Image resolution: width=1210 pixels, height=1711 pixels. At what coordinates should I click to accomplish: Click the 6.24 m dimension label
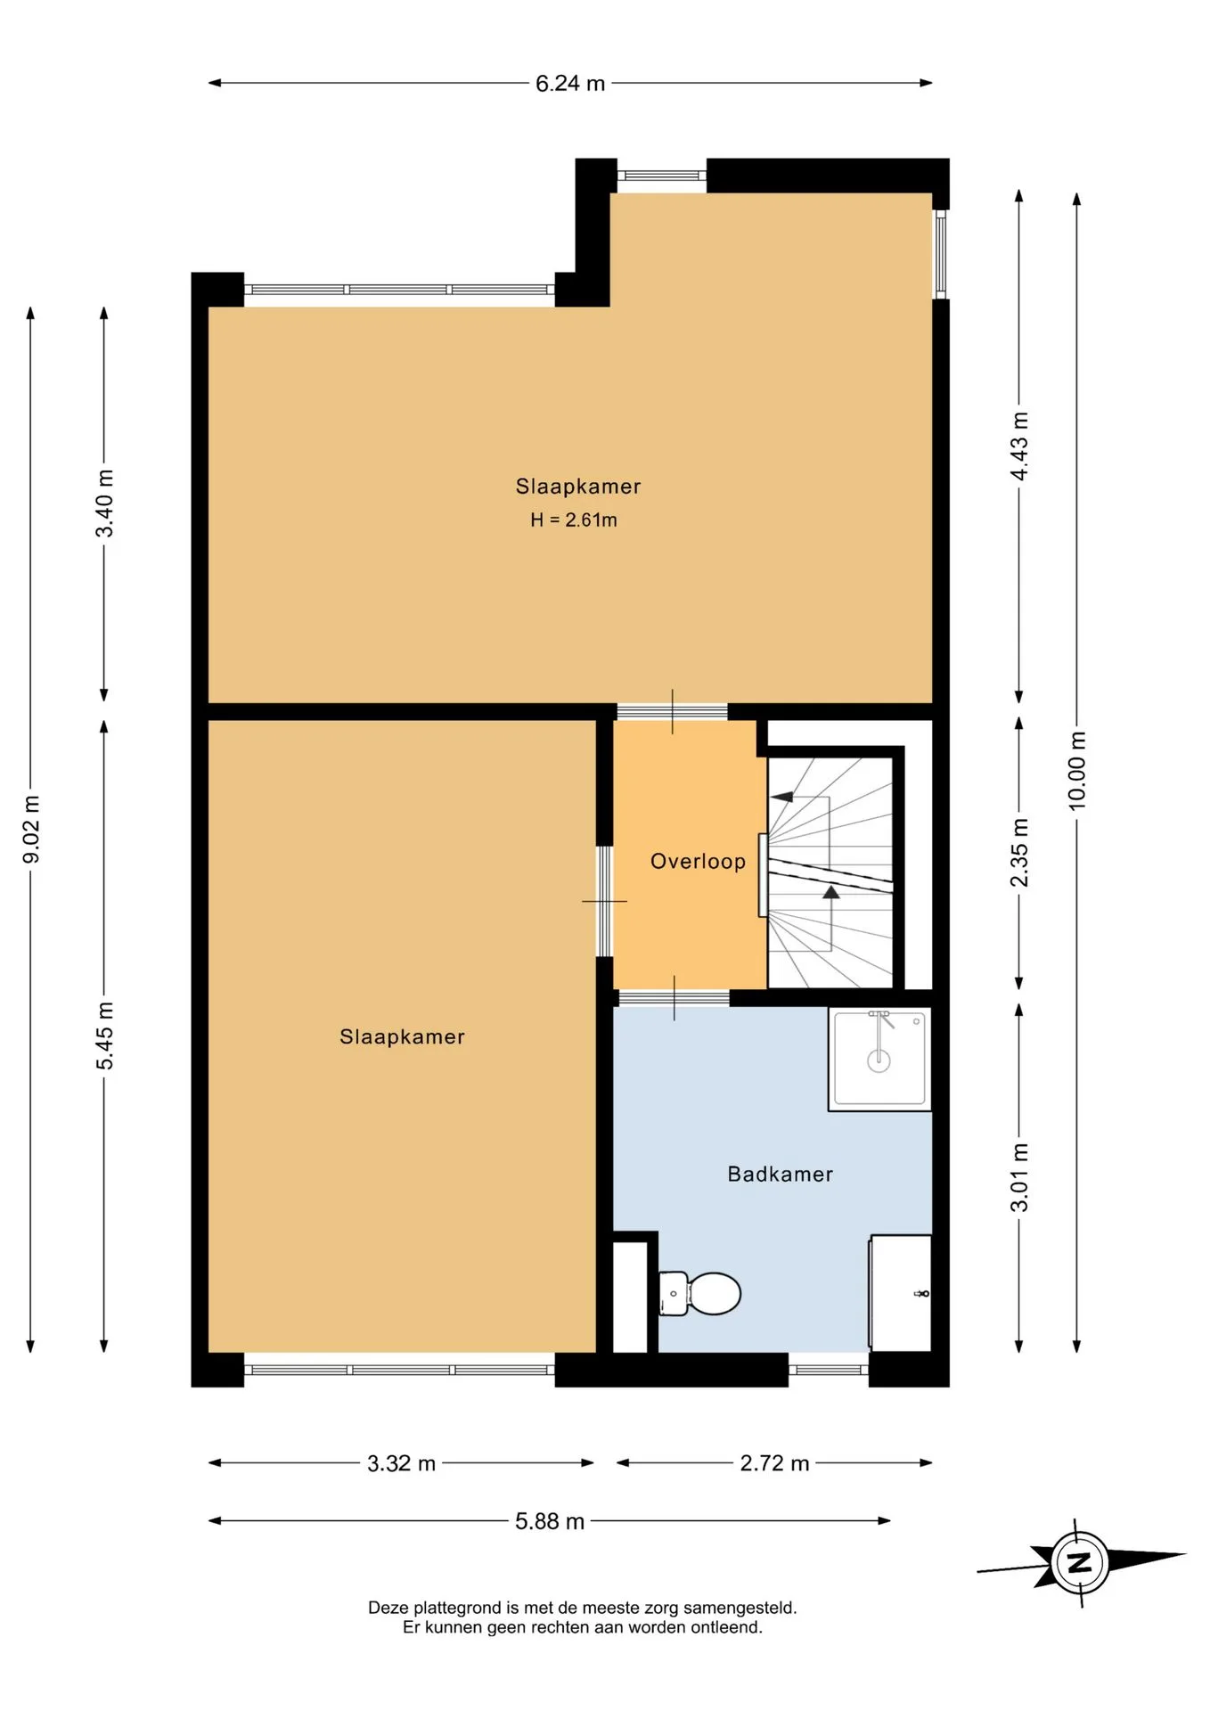pyautogui.click(x=570, y=84)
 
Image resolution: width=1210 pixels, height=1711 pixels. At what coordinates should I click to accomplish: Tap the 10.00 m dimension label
pyautogui.click(x=1077, y=771)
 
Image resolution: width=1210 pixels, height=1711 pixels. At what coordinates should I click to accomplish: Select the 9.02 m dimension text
pyautogui.click(x=31, y=830)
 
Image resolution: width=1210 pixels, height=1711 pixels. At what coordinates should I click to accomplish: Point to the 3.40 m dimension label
pyautogui.click(x=104, y=503)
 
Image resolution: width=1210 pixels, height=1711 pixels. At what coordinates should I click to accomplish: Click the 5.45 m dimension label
pyautogui.click(x=104, y=1036)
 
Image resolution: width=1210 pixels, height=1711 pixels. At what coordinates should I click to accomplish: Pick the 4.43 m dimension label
pyautogui.click(x=1019, y=446)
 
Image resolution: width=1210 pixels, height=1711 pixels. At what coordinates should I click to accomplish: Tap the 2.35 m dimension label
pyautogui.click(x=1019, y=853)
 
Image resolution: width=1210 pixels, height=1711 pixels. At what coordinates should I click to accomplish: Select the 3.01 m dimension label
pyautogui.click(x=1019, y=1177)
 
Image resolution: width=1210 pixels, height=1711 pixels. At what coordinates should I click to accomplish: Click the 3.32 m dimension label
pyautogui.click(x=401, y=1463)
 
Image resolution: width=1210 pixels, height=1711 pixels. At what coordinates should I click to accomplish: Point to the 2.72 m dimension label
pyautogui.click(x=774, y=1463)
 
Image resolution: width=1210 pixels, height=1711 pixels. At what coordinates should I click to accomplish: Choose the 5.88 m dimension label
pyautogui.click(x=550, y=1521)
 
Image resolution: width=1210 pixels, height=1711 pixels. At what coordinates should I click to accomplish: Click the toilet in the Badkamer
pyautogui.click(x=700, y=1293)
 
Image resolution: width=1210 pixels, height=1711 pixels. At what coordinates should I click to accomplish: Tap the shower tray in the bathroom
pyautogui.click(x=879, y=1059)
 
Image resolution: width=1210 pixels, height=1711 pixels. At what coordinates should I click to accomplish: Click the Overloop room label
pyautogui.click(x=698, y=862)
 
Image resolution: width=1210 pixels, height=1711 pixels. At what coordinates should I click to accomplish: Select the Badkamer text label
pyautogui.click(x=781, y=1175)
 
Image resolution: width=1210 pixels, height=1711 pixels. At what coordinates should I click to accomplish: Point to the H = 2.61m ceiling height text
pyautogui.click(x=574, y=520)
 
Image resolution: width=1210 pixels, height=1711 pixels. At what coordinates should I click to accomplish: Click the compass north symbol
pyautogui.click(x=1081, y=1562)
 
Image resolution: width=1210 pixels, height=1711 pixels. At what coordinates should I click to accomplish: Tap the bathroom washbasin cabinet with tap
pyautogui.click(x=900, y=1293)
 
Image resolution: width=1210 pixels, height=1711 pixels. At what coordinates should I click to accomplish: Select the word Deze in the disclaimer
pyautogui.click(x=388, y=1609)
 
